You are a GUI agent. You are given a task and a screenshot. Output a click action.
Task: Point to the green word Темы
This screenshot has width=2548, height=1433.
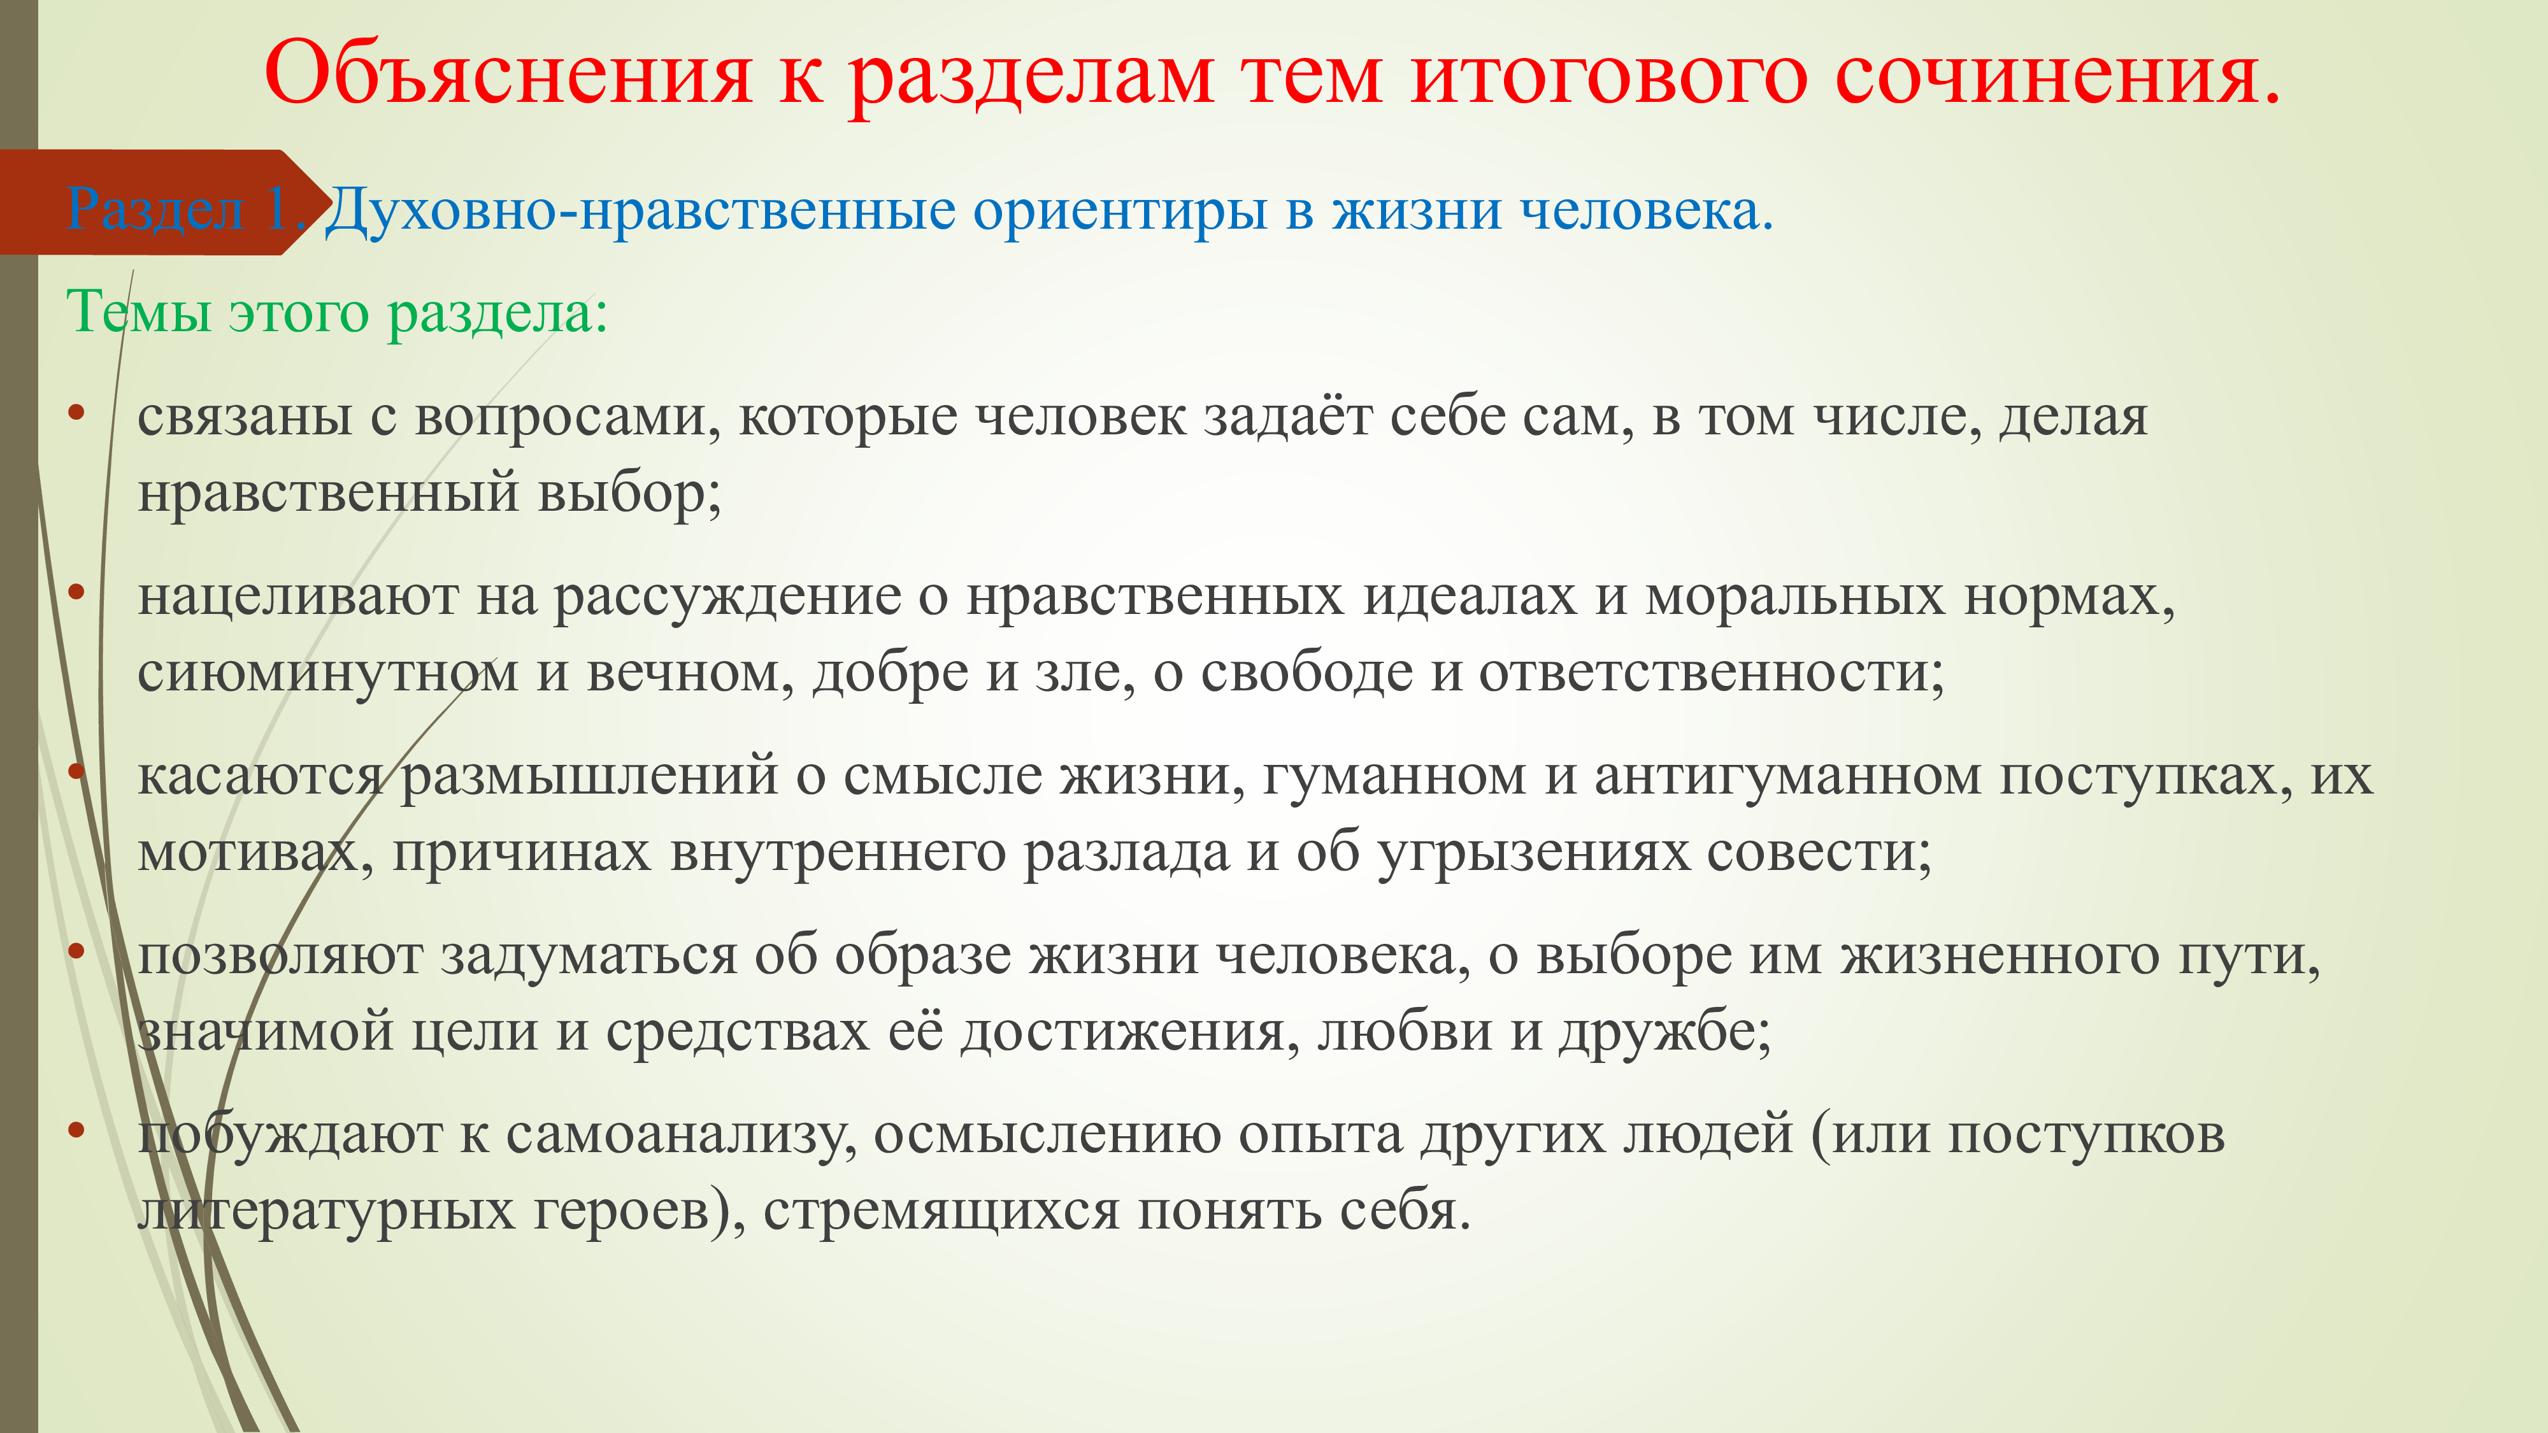138,313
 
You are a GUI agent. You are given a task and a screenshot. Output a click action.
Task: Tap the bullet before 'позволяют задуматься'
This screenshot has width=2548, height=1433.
76,952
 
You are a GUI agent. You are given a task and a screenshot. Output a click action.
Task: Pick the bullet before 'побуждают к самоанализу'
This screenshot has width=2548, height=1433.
76,1130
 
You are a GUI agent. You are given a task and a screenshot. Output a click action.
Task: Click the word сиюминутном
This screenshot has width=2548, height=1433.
329,673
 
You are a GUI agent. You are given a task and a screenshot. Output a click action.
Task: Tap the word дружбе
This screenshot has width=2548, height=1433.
1664,1032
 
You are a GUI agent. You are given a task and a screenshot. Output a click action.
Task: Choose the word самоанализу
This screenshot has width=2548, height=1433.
680,1134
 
